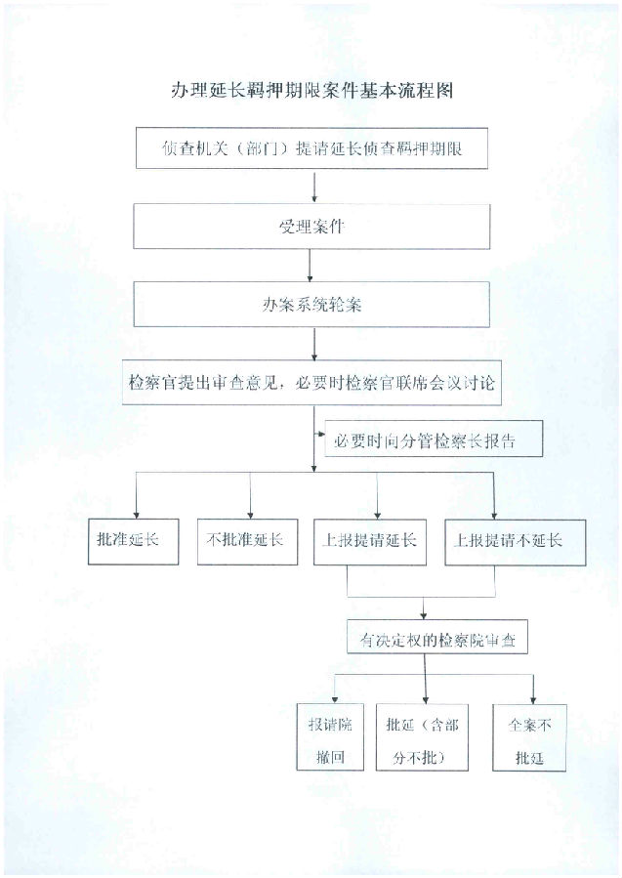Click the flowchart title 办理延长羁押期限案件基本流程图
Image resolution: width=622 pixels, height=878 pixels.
pyautogui.click(x=311, y=90)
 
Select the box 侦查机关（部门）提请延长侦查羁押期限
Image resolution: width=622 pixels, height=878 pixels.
pyautogui.click(x=311, y=148)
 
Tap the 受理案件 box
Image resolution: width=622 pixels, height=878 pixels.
pyautogui.click(x=311, y=227)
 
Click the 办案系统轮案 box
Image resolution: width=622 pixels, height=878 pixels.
pyautogui.click(x=311, y=305)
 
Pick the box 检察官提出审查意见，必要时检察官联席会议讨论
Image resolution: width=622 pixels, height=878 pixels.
pyautogui.click(x=311, y=383)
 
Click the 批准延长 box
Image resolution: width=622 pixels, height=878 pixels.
pyautogui.click(x=133, y=541)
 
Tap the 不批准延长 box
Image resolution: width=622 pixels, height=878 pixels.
pyautogui.click(x=247, y=541)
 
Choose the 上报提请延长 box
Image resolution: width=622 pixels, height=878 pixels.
pyautogui.click(x=369, y=542)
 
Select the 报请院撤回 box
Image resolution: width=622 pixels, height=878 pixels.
pyautogui.click(x=330, y=737)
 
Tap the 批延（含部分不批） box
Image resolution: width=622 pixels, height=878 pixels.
pyautogui.click(x=422, y=737)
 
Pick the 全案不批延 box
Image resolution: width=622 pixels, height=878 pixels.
pyautogui.click(x=529, y=738)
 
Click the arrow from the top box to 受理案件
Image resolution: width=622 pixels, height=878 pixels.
pyautogui.click(x=314, y=187)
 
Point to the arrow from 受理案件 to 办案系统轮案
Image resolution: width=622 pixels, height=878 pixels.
pyautogui.click(x=310, y=266)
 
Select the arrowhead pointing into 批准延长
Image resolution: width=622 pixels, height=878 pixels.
pyautogui.click(x=136, y=515)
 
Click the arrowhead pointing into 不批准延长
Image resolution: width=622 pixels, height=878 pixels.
pyautogui.click(x=250, y=515)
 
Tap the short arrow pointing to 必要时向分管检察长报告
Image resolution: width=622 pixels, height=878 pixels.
pyautogui.click(x=319, y=433)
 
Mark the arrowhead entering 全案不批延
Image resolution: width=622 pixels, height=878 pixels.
pyautogui.click(x=533, y=700)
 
